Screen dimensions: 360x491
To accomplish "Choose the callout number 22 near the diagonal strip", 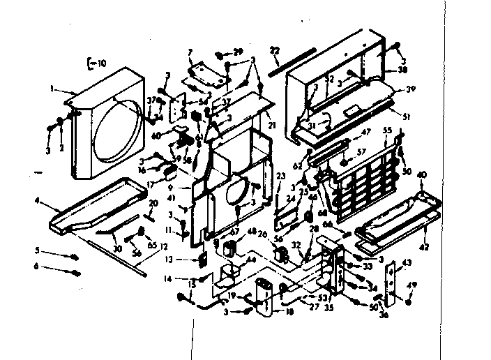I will [x=275, y=50].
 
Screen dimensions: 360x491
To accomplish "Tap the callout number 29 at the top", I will [x=238, y=52].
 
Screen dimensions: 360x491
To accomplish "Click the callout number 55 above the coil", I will [x=388, y=130].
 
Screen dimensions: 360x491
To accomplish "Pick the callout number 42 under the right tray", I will [x=425, y=246].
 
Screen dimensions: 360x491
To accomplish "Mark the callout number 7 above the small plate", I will [x=190, y=52].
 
